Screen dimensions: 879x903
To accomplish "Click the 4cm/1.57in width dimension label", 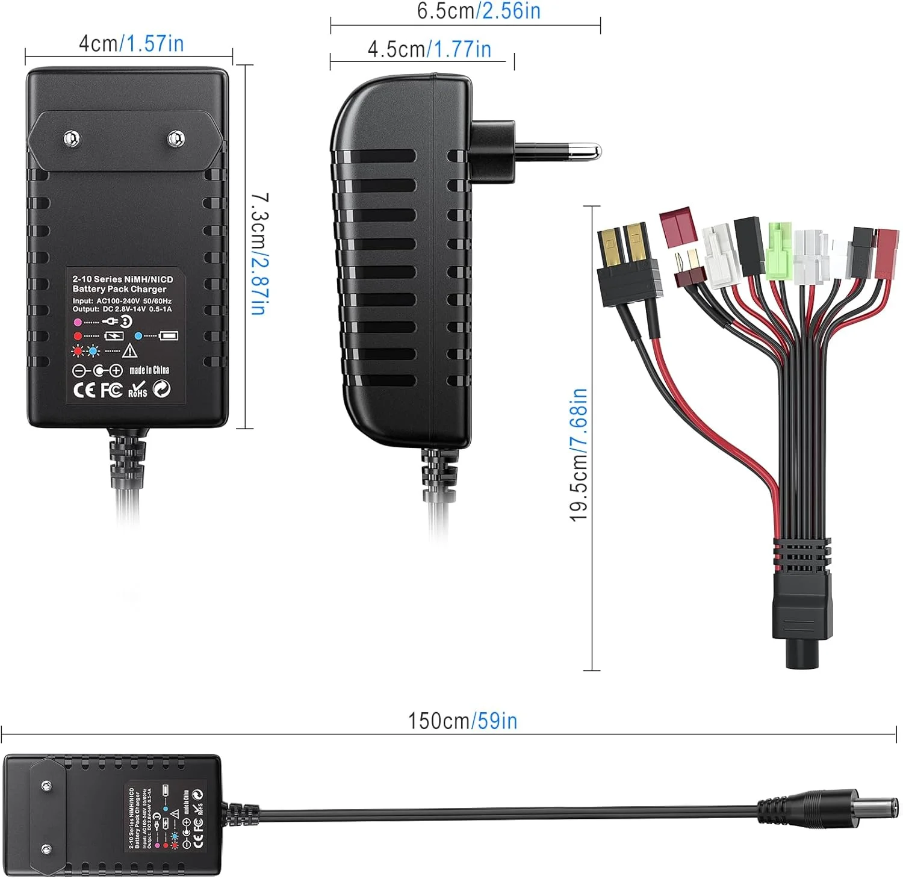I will [131, 44].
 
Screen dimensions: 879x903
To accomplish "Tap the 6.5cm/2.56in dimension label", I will [479, 11].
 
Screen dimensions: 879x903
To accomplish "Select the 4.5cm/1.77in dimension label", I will [429, 49].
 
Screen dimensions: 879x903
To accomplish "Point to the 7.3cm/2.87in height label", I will [259, 253].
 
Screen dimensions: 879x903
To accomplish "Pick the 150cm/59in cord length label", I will [462, 721].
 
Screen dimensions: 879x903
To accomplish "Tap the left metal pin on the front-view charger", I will [72, 138].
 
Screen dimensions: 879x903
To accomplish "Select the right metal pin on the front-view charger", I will [175, 138].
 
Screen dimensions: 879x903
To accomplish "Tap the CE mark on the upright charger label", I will [84, 390].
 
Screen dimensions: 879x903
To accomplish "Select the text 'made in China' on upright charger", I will [149, 370].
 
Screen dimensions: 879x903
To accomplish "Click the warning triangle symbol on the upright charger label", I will [130, 350].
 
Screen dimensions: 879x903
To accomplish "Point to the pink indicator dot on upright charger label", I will [78, 322].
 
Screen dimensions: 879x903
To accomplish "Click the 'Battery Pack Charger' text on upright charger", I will [119, 289].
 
